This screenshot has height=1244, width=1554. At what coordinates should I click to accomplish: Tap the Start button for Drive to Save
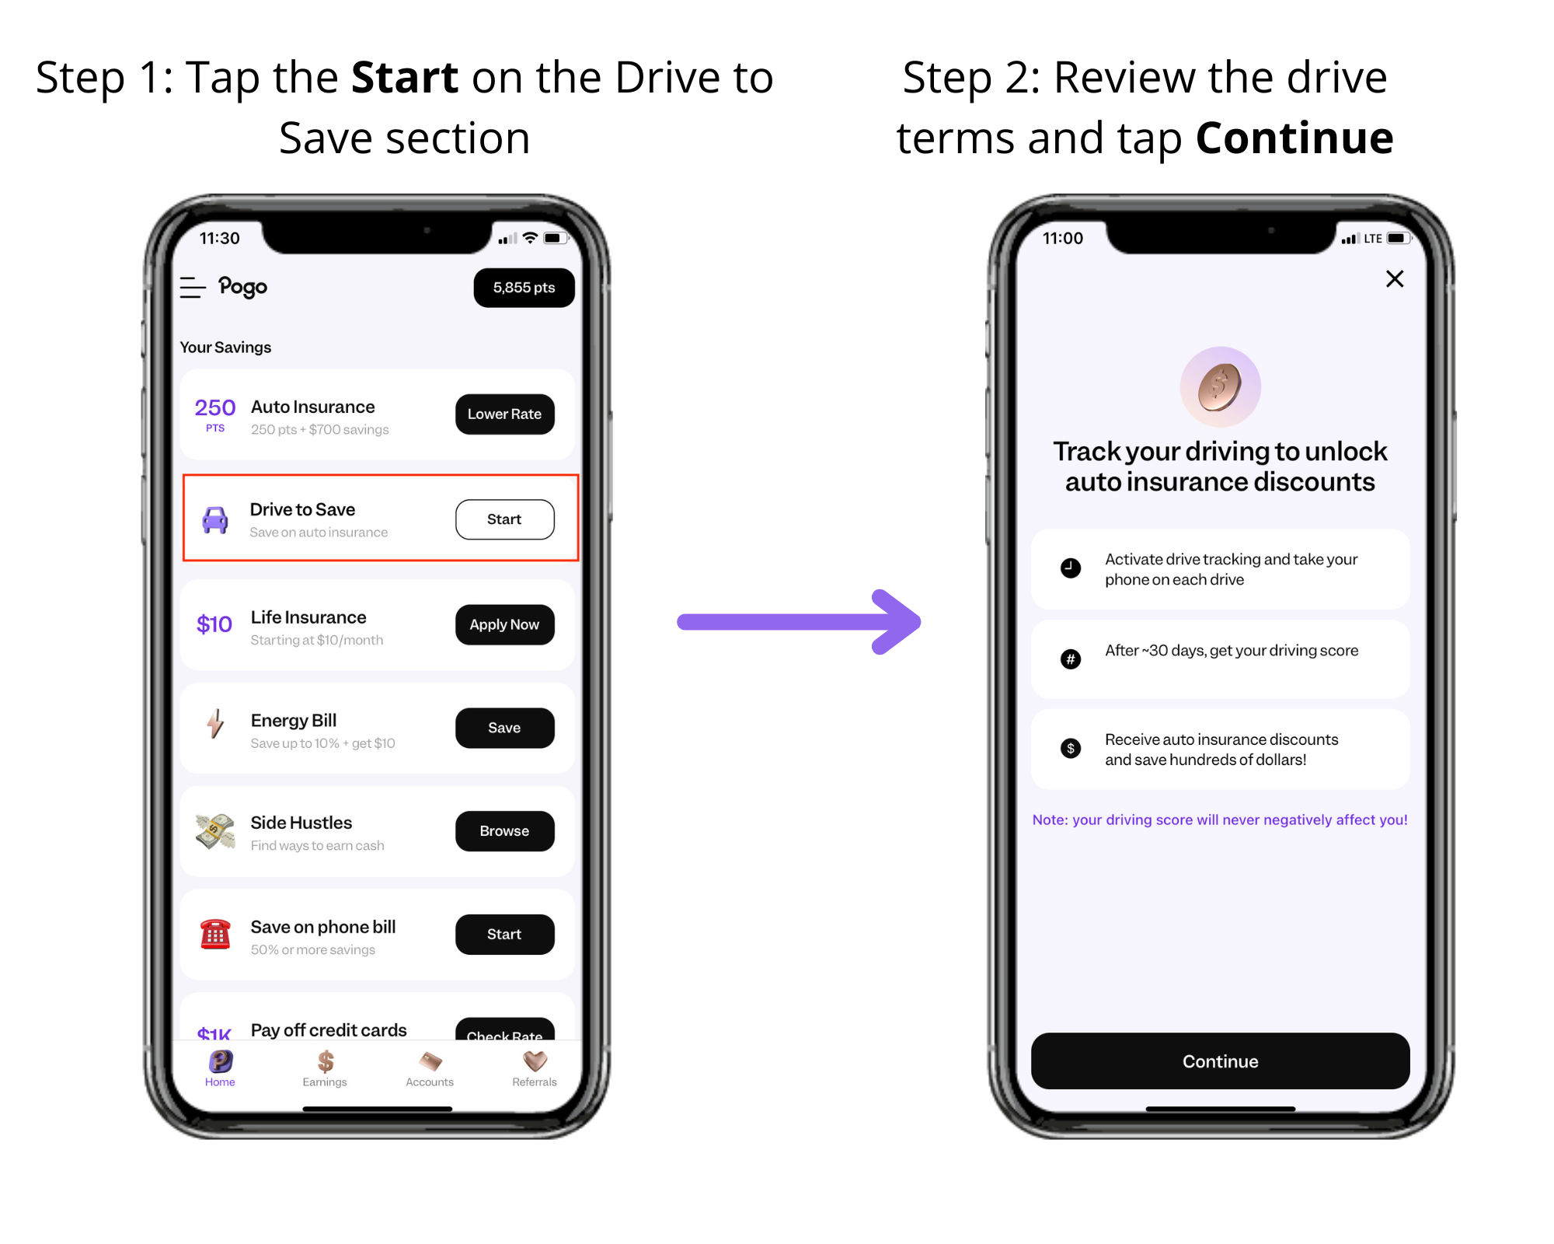pos(504,519)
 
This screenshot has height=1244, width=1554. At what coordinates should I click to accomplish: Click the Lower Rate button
pos(504,414)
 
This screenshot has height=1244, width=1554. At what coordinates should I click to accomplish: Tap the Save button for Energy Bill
pos(504,728)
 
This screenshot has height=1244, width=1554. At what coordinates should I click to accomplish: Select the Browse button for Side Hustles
pos(504,831)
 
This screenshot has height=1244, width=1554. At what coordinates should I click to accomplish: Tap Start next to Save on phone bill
pos(504,935)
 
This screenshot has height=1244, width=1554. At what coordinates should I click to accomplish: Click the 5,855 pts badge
pos(524,288)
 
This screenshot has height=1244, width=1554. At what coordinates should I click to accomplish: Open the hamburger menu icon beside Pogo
pos(193,288)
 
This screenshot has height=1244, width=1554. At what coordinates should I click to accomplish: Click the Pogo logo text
pos(242,288)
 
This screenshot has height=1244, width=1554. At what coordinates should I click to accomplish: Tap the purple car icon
pos(215,520)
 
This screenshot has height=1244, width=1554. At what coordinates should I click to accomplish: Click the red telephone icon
pos(215,934)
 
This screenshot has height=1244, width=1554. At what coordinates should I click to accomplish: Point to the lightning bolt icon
pos(215,724)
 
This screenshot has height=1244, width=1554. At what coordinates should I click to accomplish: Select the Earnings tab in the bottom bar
pos(325,1068)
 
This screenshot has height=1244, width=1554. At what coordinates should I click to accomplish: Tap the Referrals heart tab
pos(535,1068)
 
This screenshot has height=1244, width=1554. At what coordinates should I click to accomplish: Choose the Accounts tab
pos(430,1068)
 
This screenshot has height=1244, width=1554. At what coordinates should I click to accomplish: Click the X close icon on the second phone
pos(1395,278)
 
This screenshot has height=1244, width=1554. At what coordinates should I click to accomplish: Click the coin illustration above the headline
pos(1220,386)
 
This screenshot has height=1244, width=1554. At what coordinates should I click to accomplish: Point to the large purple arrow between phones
pos(799,622)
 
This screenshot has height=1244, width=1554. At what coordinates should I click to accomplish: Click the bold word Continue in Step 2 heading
pos(1294,138)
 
